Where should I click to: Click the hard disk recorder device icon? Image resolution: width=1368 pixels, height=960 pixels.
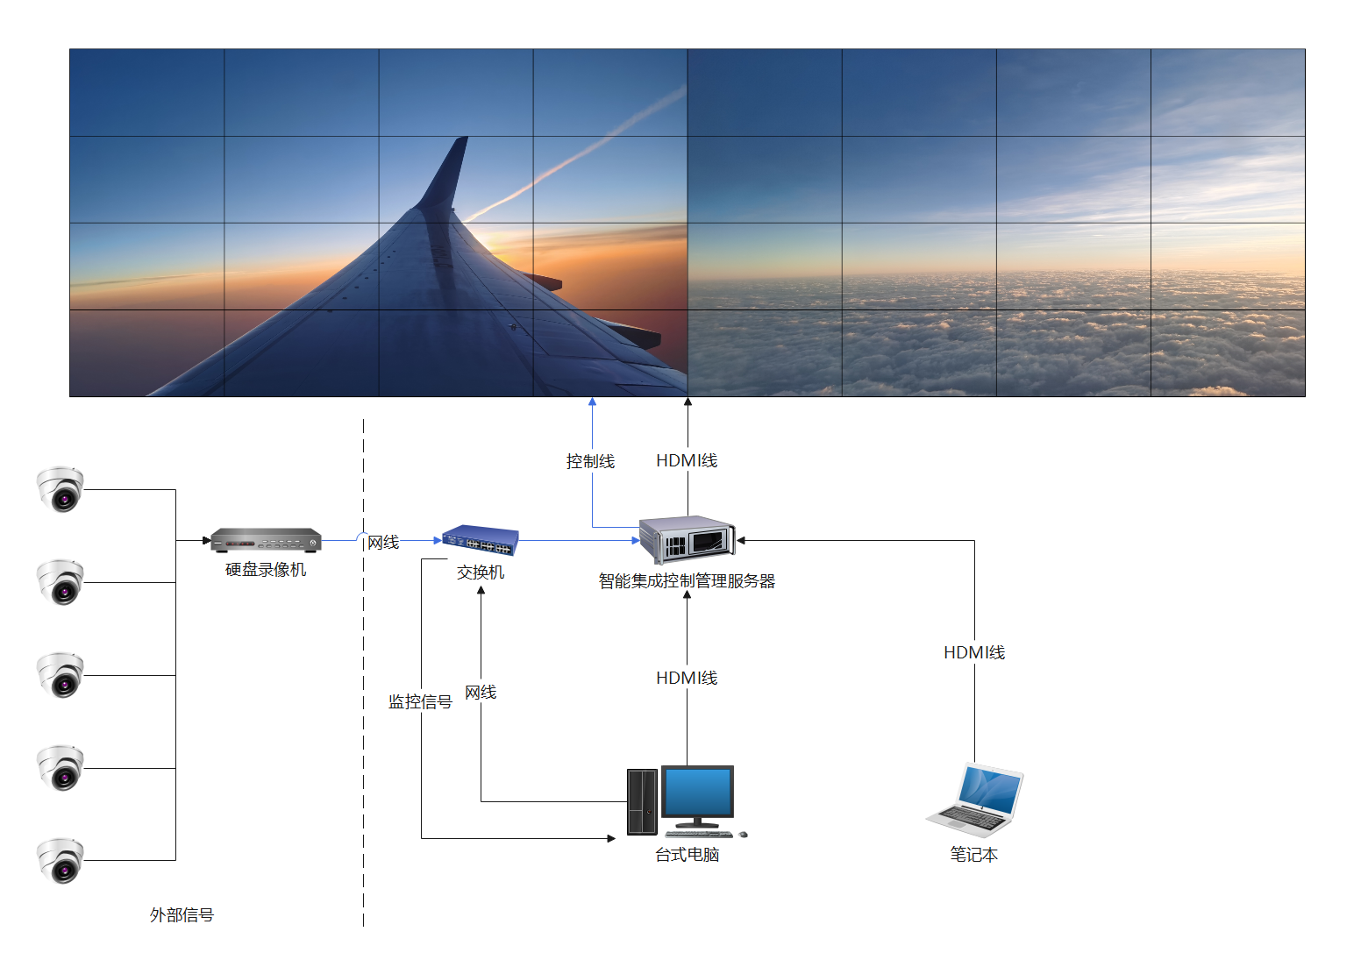point(266,539)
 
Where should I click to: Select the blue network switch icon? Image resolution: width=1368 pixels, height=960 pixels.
point(480,539)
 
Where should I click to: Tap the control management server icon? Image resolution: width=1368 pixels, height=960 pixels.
point(687,538)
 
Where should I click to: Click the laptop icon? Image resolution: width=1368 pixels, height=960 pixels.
point(975,798)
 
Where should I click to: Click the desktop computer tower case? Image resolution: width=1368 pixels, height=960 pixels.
point(642,801)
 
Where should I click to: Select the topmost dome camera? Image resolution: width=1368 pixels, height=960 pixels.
point(61,489)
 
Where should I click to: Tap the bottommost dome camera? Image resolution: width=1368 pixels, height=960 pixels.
point(61,860)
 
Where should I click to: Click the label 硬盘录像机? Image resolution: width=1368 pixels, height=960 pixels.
point(266,570)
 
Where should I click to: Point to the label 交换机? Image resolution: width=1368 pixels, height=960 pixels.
point(481,572)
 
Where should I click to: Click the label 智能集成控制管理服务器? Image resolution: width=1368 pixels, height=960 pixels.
point(687,580)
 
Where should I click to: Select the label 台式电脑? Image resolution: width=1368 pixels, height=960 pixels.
point(687,855)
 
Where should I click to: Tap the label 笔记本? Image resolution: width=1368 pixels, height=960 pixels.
point(973,855)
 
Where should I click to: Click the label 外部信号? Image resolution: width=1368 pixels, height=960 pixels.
point(182,915)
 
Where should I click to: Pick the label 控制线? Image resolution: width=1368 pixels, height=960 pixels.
point(590,461)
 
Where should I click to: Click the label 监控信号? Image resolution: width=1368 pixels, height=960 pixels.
point(420,702)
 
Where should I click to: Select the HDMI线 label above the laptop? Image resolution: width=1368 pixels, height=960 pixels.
point(973,652)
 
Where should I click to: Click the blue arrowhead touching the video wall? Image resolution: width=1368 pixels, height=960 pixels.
point(593,402)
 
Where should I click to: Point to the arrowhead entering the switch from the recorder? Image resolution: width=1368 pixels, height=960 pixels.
point(438,540)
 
